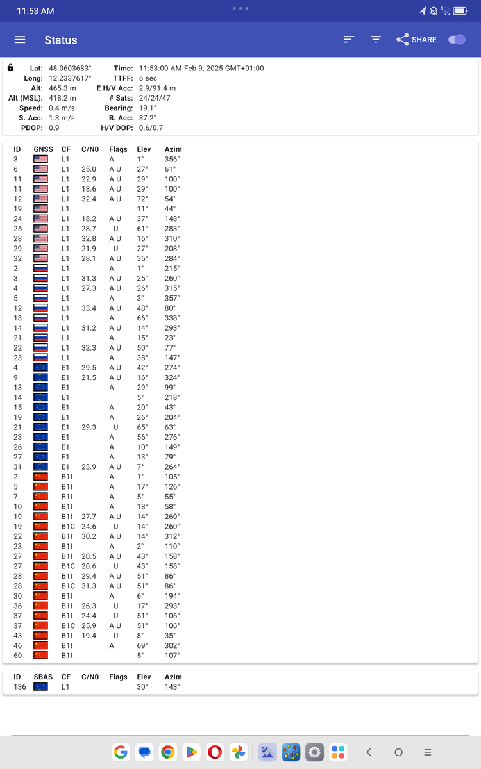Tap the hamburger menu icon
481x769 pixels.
click(20, 40)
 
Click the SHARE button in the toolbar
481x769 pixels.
click(416, 40)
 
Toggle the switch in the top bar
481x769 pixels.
click(457, 40)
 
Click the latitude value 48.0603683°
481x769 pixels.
click(70, 68)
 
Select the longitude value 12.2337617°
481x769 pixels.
click(70, 78)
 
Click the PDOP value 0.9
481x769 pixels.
click(54, 128)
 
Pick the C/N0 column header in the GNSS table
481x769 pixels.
click(90, 149)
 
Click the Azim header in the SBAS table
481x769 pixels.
click(173, 677)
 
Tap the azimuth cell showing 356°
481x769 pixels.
click(172, 160)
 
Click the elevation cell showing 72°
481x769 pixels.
click(142, 199)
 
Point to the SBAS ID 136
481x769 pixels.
click(19, 687)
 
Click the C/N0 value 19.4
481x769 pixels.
click(89, 636)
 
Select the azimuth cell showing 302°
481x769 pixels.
click(172, 645)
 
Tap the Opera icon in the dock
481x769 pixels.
click(215, 752)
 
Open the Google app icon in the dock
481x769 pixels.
click(121, 752)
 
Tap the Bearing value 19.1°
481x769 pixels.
click(148, 108)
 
